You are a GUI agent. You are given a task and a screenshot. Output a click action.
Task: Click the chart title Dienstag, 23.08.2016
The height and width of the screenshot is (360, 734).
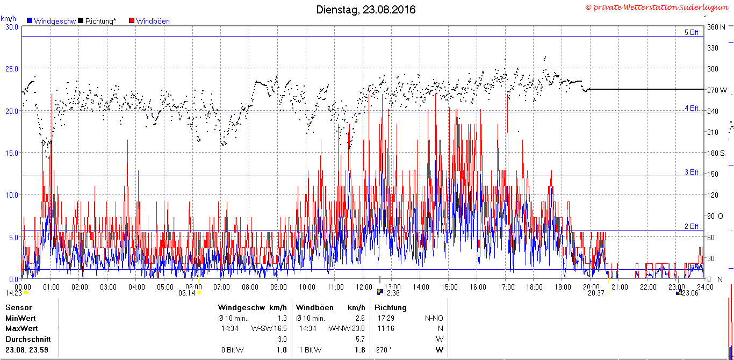tap(366, 10)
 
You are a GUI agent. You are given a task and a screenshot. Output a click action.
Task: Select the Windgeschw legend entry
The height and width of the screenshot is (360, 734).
tap(52, 21)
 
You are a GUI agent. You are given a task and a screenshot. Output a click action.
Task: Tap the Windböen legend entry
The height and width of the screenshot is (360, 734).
tap(149, 21)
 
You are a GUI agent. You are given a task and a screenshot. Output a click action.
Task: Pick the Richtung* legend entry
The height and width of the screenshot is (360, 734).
tap(97, 21)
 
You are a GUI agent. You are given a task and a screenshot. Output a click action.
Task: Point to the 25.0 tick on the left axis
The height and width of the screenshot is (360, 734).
tap(12, 69)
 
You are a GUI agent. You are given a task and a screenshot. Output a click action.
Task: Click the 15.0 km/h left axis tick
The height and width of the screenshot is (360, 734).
tap(12, 153)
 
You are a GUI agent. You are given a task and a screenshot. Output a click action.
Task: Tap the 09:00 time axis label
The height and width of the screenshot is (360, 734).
tap(278, 287)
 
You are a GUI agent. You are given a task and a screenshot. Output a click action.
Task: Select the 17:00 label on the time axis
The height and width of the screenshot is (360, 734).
tap(506, 287)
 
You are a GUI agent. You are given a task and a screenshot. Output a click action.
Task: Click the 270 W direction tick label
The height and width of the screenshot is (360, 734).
tap(717, 90)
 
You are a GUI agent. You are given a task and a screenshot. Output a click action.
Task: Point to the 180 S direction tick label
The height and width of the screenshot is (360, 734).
tap(716, 153)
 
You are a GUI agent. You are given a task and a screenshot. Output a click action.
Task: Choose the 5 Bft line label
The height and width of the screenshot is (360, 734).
tap(692, 32)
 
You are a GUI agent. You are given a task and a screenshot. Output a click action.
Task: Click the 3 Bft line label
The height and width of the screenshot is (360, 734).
tap(692, 172)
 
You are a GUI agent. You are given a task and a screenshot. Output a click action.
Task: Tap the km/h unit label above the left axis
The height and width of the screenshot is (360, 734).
tap(9, 19)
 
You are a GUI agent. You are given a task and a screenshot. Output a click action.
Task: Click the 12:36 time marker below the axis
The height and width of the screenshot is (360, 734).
tap(392, 293)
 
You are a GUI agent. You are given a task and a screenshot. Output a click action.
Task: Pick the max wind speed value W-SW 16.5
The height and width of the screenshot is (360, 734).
tap(269, 328)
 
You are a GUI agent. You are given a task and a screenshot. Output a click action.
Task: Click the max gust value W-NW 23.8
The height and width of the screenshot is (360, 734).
tap(347, 328)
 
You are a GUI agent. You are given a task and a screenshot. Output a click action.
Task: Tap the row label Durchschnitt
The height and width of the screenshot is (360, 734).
tap(28, 339)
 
